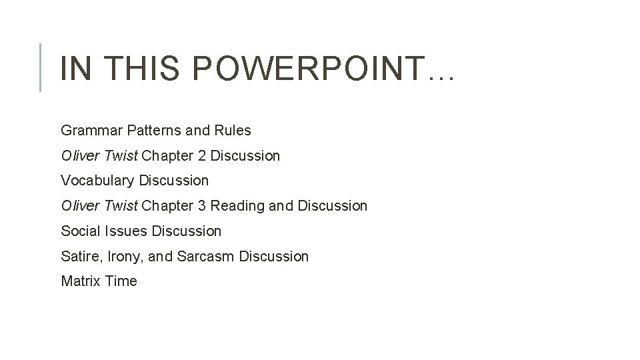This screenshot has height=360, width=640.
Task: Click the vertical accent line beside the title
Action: pos(41,67)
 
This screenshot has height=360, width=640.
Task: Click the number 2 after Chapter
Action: pos(201,156)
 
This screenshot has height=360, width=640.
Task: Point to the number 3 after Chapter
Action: pos(201,206)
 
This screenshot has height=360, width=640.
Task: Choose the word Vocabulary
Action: pos(96,181)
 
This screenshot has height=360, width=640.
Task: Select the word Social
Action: pos(80,231)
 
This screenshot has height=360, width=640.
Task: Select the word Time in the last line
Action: pos(121,281)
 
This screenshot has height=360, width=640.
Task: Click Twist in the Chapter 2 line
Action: pos(120,156)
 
